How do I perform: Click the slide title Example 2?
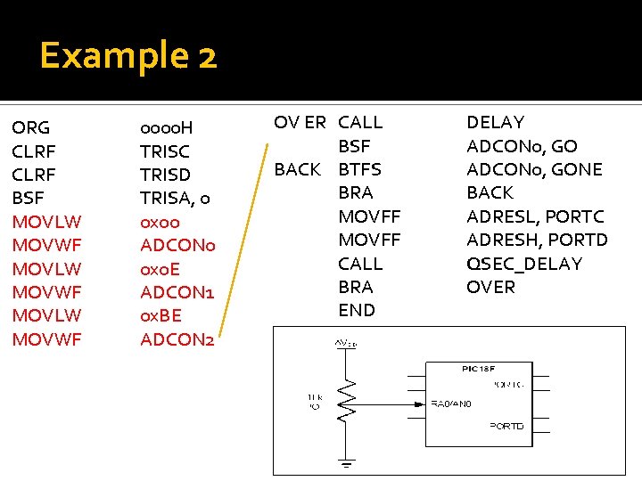[x=128, y=56]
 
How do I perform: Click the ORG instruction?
[x=31, y=127]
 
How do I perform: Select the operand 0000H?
[x=167, y=127]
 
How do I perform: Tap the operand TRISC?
[x=165, y=151]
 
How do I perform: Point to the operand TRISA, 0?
[x=175, y=198]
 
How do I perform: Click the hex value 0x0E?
[x=160, y=268]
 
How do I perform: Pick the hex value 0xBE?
[x=160, y=314]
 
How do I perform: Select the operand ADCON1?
[x=177, y=291]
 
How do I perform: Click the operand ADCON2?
[x=177, y=338]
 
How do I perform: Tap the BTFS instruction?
[x=359, y=169]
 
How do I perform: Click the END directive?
[x=357, y=310]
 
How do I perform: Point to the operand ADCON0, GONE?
[x=534, y=169]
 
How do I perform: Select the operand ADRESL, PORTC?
[x=535, y=216]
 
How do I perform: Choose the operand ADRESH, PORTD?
[x=537, y=240]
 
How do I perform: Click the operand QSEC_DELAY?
[x=524, y=264]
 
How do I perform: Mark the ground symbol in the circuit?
[x=346, y=463]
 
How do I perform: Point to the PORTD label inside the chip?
[x=506, y=426]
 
